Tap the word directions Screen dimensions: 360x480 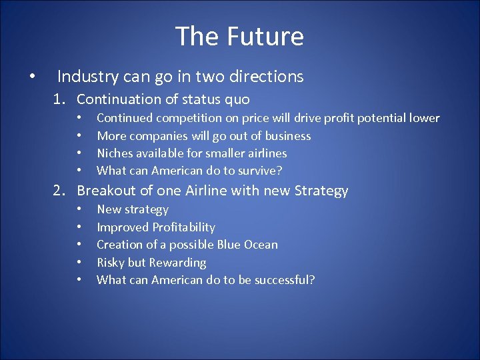point(266,77)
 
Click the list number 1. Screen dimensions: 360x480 point(60,99)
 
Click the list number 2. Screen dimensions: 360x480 point(60,191)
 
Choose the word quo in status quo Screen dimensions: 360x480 point(237,99)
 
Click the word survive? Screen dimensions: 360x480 point(259,171)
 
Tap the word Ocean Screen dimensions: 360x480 point(259,245)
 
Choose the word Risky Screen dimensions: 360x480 point(112,263)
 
